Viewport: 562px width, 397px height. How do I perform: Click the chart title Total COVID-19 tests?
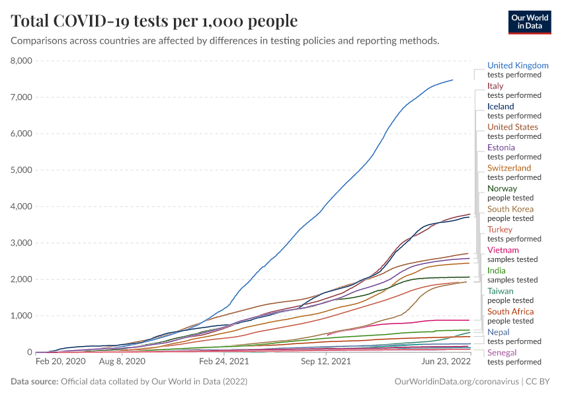(x=154, y=21)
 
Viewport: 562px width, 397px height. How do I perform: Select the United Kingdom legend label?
(x=518, y=66)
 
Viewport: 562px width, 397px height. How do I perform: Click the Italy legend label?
(x=495, y=86)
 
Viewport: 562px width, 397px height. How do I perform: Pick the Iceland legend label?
(x=501, y=107)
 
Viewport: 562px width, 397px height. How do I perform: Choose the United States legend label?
(x=512, y=127)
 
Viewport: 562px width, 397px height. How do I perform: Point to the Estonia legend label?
(x=501, y=148)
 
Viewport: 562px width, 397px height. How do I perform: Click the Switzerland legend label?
(x=509, y=168)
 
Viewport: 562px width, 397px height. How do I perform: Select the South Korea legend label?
(x=510, y=209)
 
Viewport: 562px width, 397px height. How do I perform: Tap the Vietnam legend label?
(x=503, y=250)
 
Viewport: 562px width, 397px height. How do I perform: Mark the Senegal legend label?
(x=502, y=353)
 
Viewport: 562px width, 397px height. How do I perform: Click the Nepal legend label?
(x=499, y=332)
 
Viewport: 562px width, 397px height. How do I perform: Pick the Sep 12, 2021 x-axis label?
(x=325, y=363)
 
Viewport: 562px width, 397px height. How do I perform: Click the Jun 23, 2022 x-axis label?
(x=447, y=363)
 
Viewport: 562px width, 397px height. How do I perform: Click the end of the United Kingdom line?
(x=453, y=80)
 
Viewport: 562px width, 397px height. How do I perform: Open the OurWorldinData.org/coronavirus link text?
(x=456, y=382)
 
